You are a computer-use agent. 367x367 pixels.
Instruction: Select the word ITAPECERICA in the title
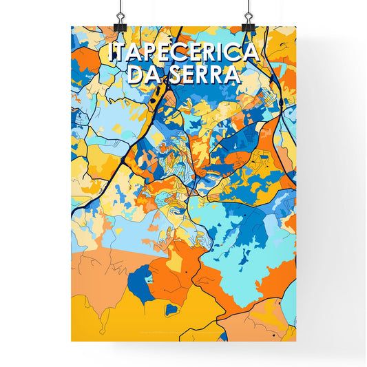pos(183,52)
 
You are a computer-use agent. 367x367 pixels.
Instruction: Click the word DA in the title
pos(143,74)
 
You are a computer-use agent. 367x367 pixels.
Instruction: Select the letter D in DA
pos(134,74)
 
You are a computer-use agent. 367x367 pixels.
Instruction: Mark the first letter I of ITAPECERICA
pos(112,52)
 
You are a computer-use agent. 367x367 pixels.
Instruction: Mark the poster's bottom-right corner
pos(296,341)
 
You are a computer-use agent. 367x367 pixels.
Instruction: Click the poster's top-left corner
pos(72,27)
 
